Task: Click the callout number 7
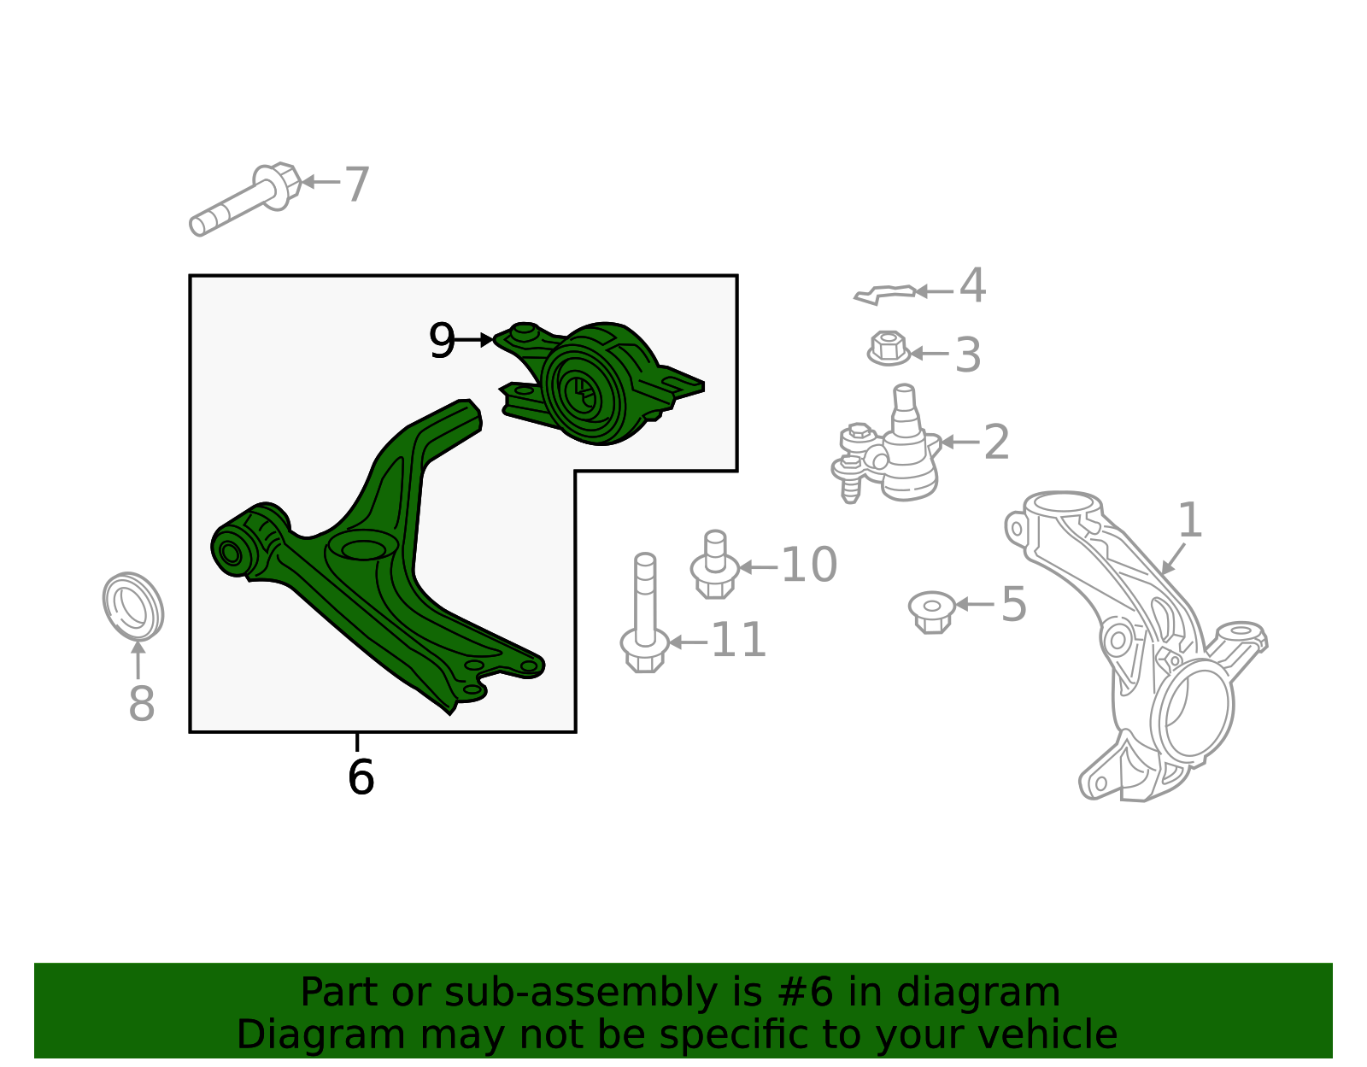pos(356,185)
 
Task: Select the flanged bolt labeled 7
pos(244,199)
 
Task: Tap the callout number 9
pos(442,340)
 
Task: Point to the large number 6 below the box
pos(361,777)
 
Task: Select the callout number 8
pos(142,703)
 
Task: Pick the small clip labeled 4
pos(884,294)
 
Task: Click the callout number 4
pos(972,285)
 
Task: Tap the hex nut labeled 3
pos(889,349)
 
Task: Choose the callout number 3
pos(968,355)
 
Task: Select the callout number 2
pos(996,443)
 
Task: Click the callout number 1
pos(1189,520)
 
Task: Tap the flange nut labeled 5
pos(931,612)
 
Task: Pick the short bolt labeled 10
pos(714,565)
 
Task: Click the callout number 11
pos(738,640)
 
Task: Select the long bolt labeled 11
pos(645,613)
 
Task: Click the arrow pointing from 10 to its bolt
pos(758,567)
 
